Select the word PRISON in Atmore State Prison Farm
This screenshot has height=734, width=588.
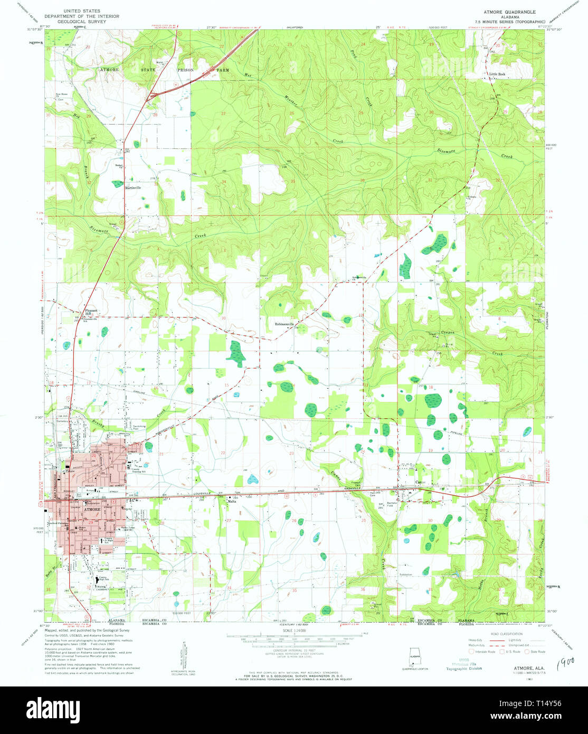point(185,70)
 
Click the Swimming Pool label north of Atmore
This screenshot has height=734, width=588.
point(139,427)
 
